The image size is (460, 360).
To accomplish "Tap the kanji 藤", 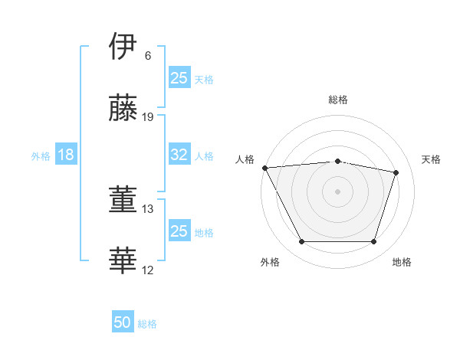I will pyautogui.click(x=123, y=108).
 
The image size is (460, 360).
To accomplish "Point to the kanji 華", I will pyautogui.click(x=123, y=261).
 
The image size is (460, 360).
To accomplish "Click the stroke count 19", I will pyautogui.click(x=148, y=117).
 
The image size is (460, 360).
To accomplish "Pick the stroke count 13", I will pyautogui.click(x=148, y=208).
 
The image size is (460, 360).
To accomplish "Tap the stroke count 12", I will pyautogui.click(x=148, y=270).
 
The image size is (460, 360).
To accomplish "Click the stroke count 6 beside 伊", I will pyautogui.click(x=148, y=55).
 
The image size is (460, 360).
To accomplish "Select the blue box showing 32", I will pyautogui.click(x=179, y=155).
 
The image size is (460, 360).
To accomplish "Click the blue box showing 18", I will pyautogui.click(x=66, y=155).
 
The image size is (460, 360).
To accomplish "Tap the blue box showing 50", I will pyautogui.click(x=123, y=322).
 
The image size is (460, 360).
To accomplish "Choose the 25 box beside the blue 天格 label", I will pyautogui.click(x=179, y=78).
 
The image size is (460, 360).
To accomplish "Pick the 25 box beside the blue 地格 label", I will pyautogui.click(x=179, y=231).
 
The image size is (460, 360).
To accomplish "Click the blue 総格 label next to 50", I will pyautogui.click(x=147, y=324).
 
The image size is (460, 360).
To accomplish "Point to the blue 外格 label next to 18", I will pyautogui.click(x=41, y=156).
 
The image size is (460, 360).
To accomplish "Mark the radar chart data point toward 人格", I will pyautogui.click(x=264, y=168).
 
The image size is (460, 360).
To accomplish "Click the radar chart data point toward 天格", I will pyautogui.click(x=396, y=172).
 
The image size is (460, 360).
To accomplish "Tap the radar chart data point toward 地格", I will pyautogui.click(x=373, y=241).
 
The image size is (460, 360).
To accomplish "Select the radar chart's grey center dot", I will pyautogui.click(x=337, y=191).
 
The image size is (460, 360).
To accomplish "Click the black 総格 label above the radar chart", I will pyautogui.click(x=338, y=100).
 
